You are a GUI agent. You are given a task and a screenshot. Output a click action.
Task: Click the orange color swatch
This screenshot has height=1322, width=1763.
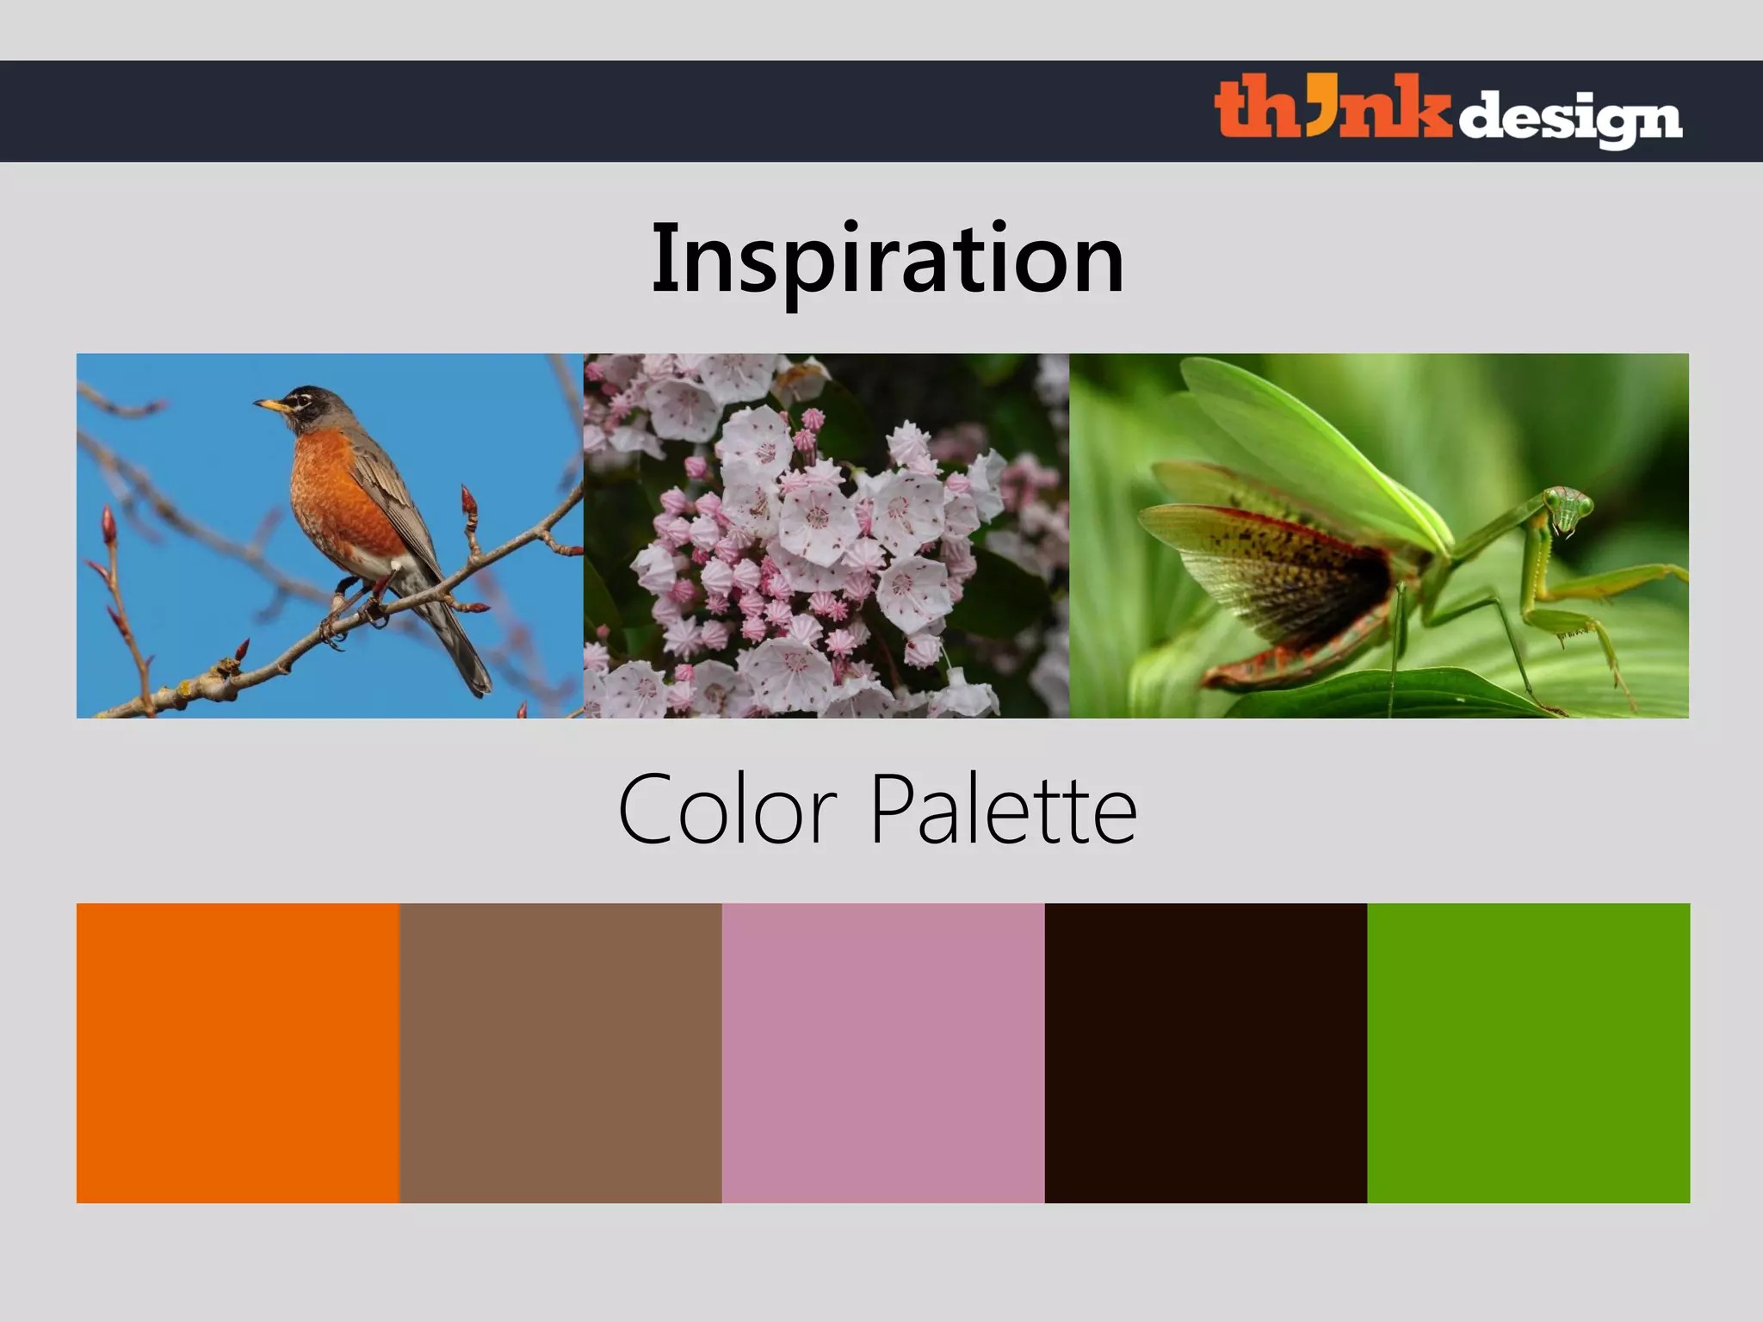tap(238, 1053)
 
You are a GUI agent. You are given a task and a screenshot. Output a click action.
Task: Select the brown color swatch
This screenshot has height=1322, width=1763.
tap(560, 1053)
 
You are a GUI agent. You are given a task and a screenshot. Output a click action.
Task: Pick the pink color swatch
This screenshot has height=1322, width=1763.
tap(883, 1053)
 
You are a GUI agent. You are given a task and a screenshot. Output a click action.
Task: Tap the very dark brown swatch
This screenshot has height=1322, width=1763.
tap(1205, 1053)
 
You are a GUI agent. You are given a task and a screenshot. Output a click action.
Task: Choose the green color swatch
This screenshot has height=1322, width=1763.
tap(1528, 1053)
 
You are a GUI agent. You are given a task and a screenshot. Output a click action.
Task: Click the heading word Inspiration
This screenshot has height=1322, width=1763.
tap(888, 258)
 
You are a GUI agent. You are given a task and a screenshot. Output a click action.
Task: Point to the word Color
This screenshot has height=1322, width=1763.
tap(727, 810)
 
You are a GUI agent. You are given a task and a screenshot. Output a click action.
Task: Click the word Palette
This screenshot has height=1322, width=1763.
tap(1004, 810)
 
